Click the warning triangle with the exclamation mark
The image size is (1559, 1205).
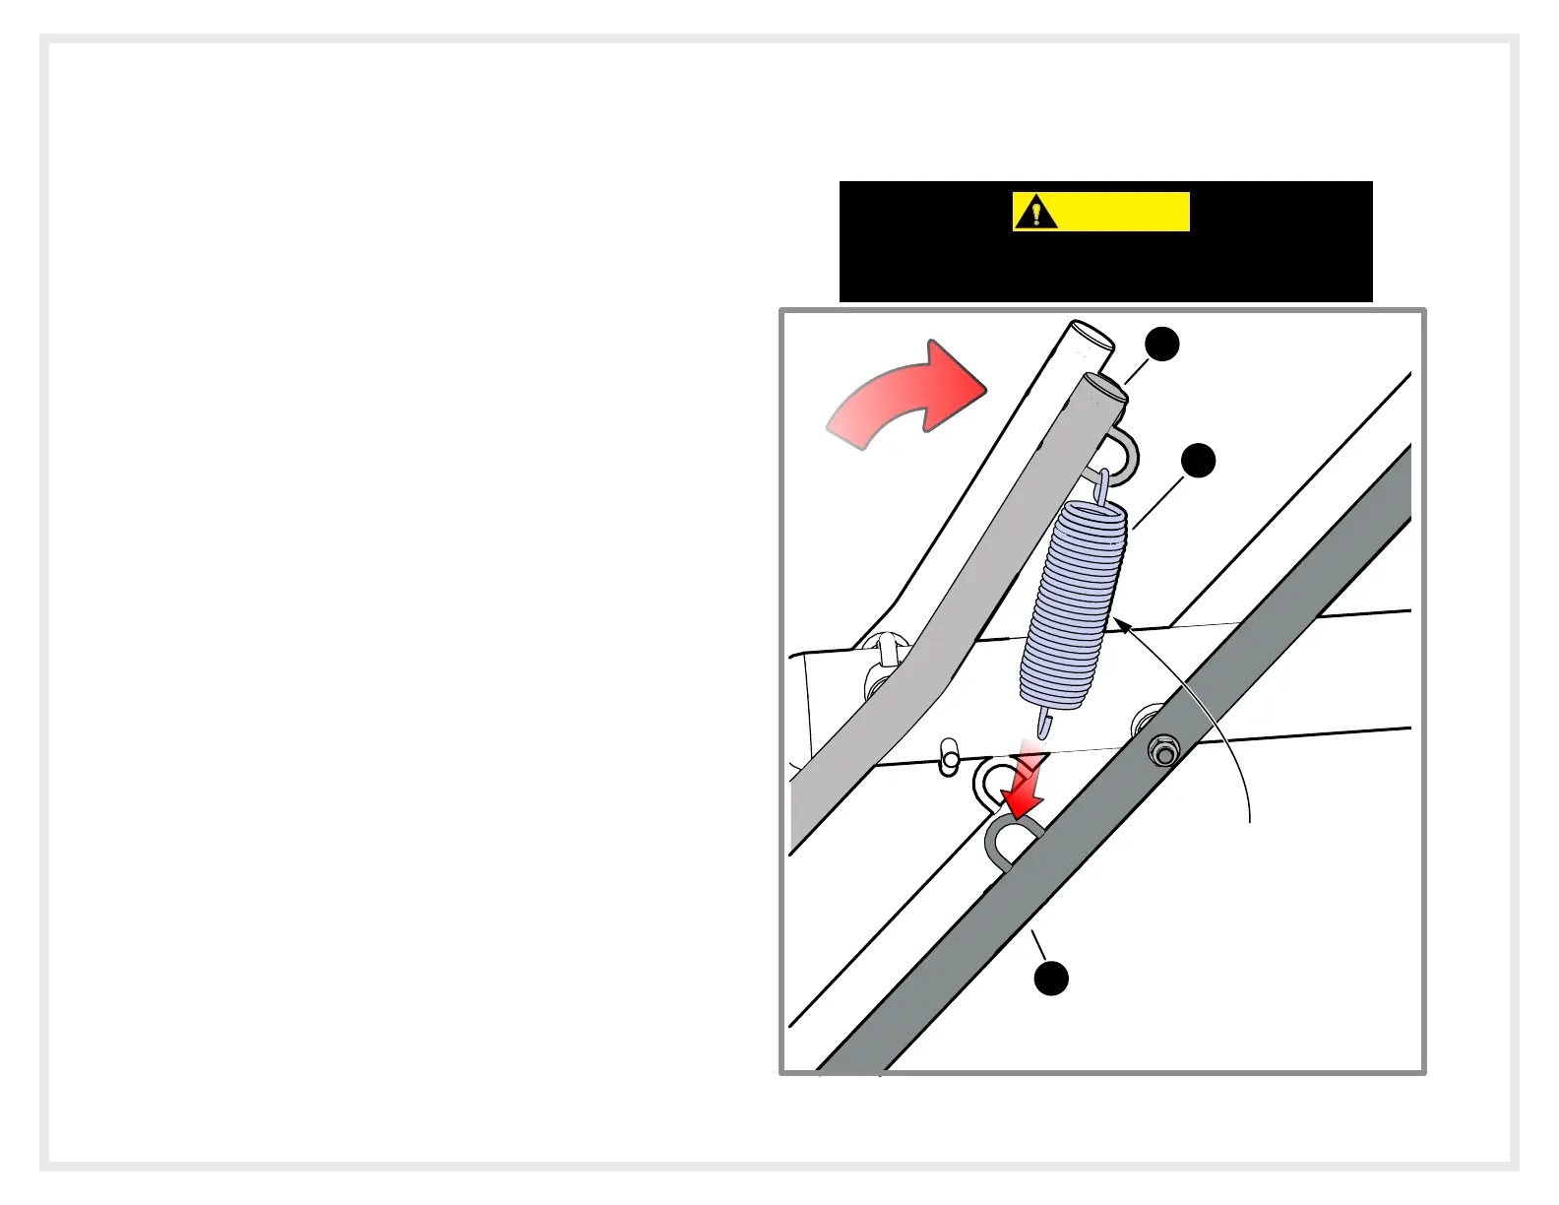[1035, 212]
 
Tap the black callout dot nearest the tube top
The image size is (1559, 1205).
[1163, 345]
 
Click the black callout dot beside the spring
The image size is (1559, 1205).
[1199, 460]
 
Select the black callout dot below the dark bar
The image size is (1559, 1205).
[1051, 979]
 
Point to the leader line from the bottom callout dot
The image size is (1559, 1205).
[1039, 946]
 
